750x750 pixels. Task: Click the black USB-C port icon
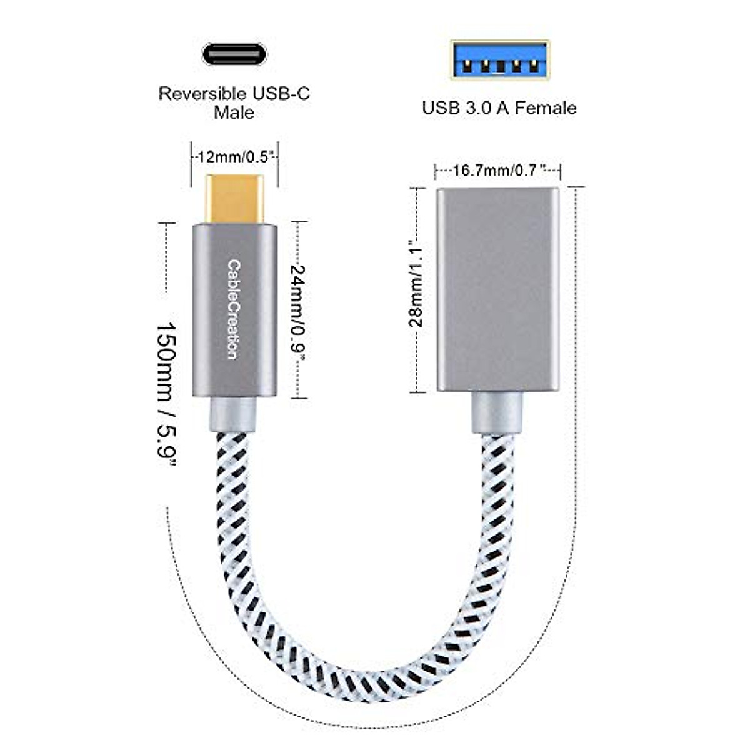click(x=234, y=54)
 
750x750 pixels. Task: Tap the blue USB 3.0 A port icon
click(x=500, y=60)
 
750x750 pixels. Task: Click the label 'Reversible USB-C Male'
click(x=234, y=102)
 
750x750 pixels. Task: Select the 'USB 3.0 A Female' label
click(x=499, y=107)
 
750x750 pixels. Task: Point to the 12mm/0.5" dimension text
click(x=235, y=157)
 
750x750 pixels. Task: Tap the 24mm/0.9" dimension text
click(x=299, y=311)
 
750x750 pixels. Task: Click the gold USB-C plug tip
click(x=234, y=199)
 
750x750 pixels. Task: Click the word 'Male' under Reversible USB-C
click(x=234, y=112)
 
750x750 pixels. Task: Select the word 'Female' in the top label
click(x=546, y=107)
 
